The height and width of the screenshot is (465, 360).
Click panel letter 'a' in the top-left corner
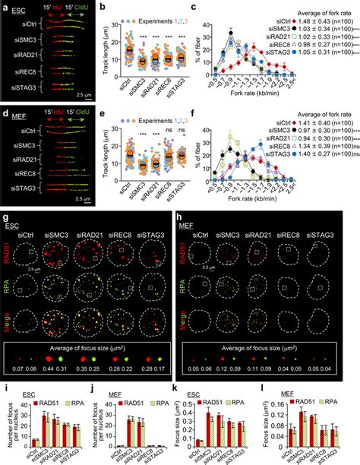(5, 6)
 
